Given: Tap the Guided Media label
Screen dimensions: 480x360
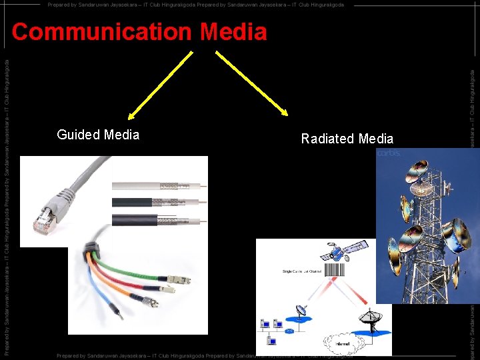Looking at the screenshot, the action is [98, 135].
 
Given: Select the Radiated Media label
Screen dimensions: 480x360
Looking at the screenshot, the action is [347, 139].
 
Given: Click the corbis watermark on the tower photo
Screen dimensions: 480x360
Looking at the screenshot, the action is [389, 154].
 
